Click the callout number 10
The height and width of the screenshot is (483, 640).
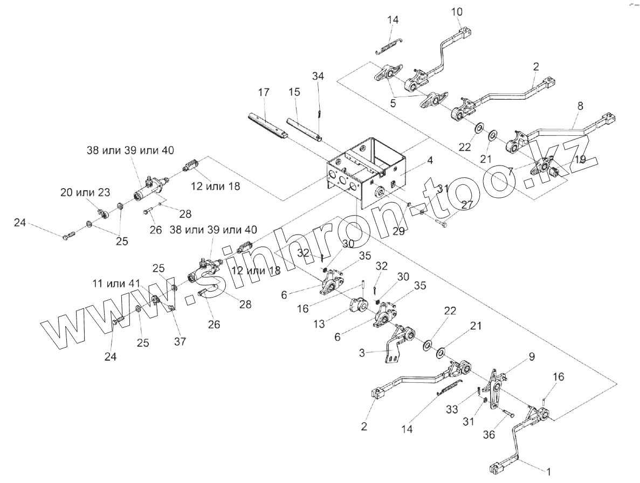click(x=456, y=11)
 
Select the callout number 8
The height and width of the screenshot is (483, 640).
click(x=580, y=106)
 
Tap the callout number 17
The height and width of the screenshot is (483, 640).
click(x=263, y=92)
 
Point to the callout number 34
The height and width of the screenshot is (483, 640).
click(x=318, y=76)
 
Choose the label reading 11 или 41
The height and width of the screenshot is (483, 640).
click(x=116, y=283)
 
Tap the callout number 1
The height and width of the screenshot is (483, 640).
click(x=549, y=472)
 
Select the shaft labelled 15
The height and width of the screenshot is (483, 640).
click(x=305, y=129)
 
